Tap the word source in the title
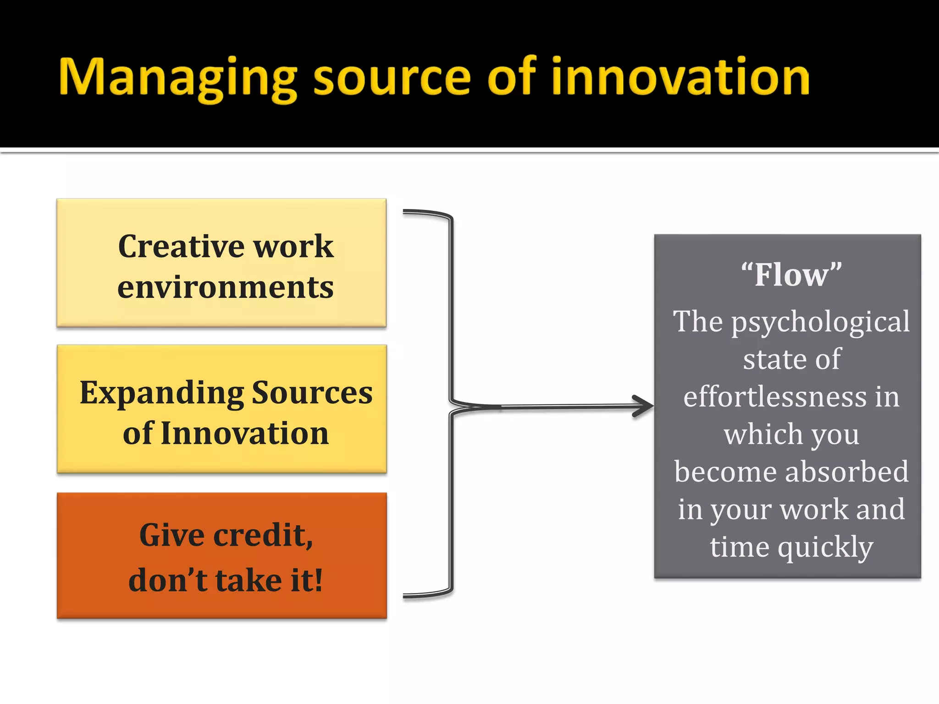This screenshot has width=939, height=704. [392, 78]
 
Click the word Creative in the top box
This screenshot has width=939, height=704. [182, 246]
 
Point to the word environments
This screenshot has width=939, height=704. [226, 287]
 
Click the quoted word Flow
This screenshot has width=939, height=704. [791, 275]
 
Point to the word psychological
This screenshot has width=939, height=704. [820, 322]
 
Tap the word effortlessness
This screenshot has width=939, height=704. [775, 396]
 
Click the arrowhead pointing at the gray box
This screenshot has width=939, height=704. [644, 406]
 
